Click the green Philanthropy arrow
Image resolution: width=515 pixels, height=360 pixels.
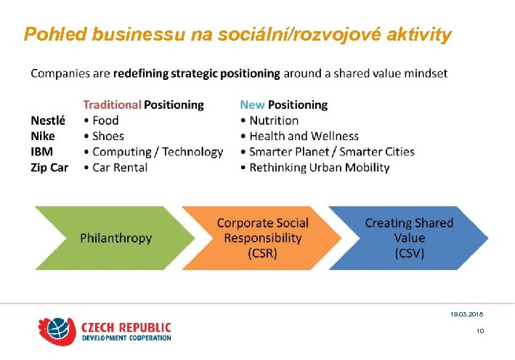109,238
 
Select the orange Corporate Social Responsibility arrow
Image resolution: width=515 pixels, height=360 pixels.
261,238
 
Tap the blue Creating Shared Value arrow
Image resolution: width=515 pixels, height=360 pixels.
409,238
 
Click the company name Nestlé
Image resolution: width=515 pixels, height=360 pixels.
48,120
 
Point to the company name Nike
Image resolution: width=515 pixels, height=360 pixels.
43,136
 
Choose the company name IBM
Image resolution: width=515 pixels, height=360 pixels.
42,152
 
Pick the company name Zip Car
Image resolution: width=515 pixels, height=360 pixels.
49,168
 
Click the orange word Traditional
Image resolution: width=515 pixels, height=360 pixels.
112,105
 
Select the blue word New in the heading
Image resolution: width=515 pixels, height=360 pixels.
252,105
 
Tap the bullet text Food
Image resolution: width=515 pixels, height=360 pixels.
105,120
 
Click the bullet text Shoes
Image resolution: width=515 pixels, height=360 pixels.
108,136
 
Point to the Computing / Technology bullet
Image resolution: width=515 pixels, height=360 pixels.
158,152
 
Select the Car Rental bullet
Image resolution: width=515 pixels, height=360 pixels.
120,168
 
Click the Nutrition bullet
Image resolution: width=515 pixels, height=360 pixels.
274,120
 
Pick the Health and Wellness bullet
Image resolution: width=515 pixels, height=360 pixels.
304,136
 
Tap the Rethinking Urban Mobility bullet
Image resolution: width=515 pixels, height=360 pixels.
320,168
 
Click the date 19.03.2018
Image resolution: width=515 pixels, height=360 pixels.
466,314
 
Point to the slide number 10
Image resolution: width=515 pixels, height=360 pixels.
480,331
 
